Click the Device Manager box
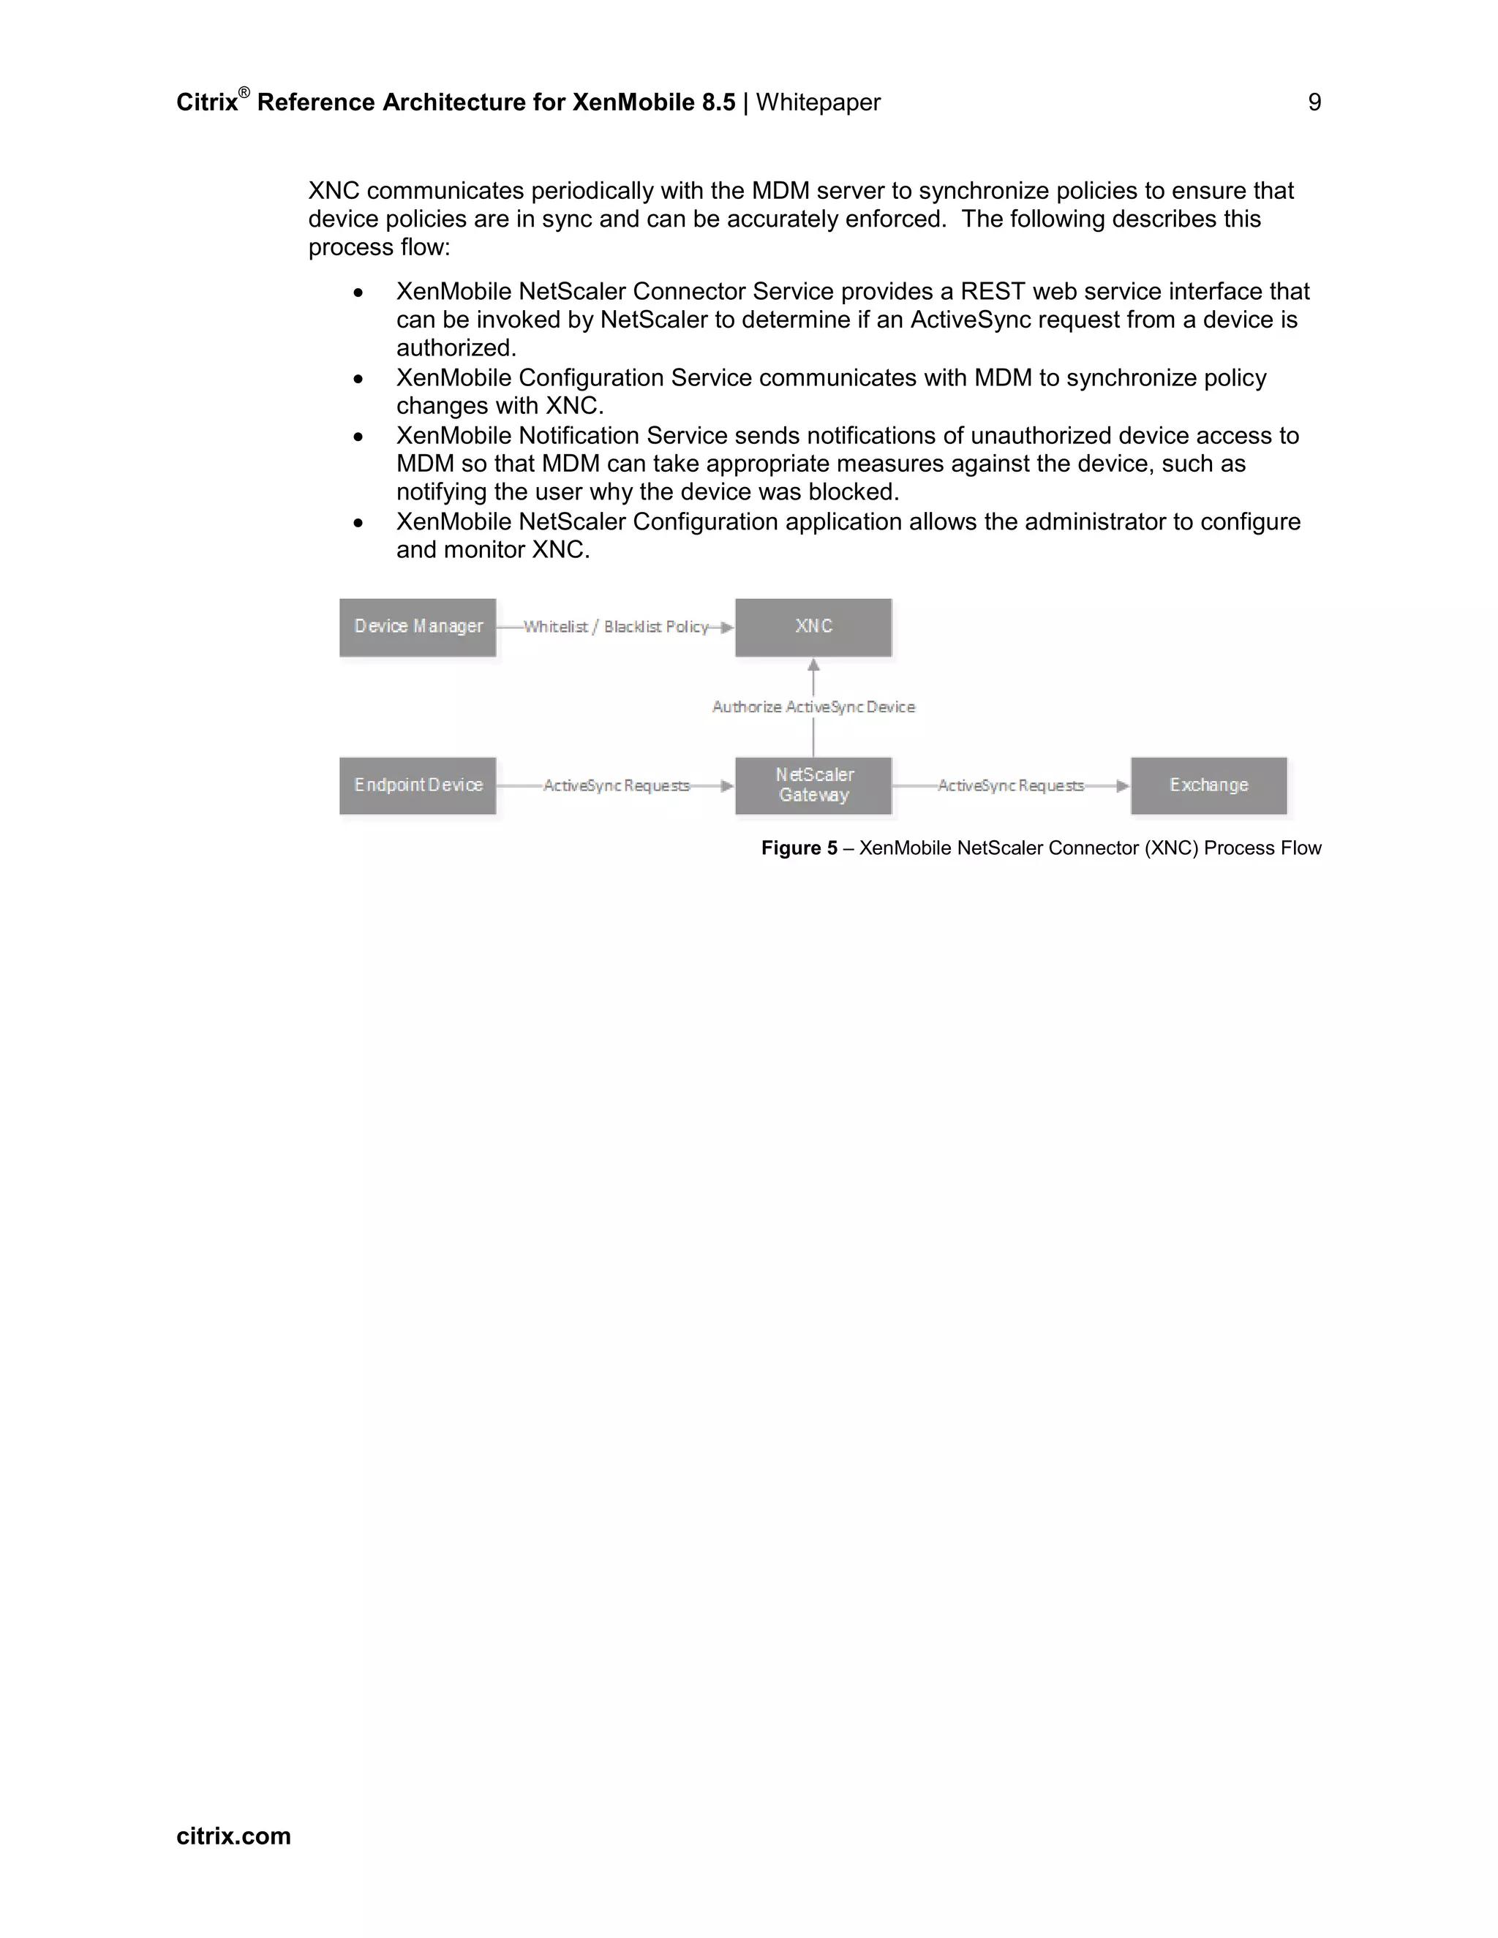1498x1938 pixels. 417,627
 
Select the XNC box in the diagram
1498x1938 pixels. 813,627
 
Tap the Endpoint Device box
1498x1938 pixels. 417,785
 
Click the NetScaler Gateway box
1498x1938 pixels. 813,785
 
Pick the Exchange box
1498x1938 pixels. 1208,785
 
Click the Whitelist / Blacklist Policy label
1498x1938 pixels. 616,627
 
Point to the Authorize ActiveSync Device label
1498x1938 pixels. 813,707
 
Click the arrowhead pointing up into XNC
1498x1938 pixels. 813,665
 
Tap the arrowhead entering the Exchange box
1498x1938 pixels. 1123,786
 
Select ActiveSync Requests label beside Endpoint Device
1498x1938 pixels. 616,786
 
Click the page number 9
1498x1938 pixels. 1314,103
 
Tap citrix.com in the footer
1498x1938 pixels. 233,1836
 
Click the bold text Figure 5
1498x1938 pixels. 799,848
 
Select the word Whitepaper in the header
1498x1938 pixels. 817,103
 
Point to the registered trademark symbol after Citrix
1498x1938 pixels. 244,93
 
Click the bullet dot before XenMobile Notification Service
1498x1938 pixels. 358,437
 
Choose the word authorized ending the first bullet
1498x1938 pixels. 455,348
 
